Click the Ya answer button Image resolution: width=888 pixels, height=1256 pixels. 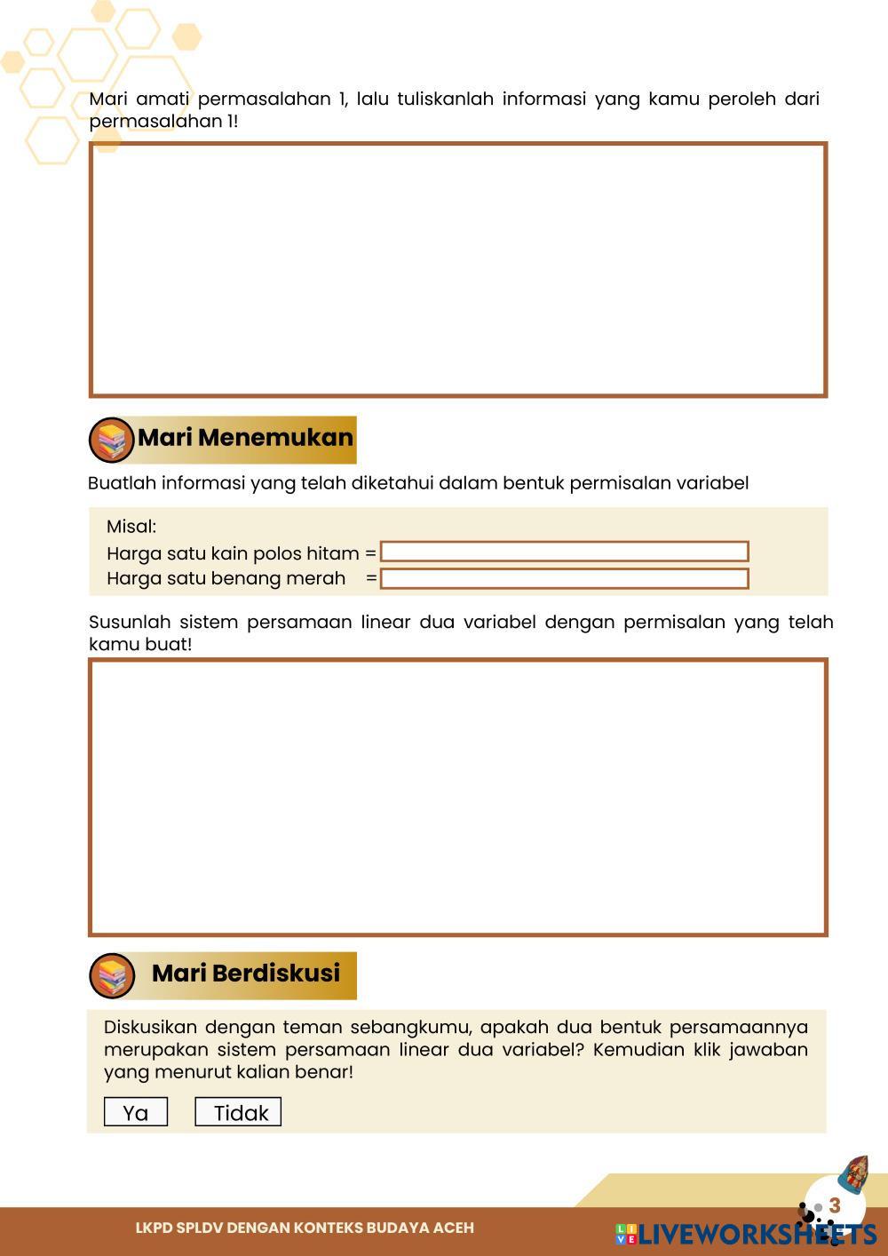(136, 1112)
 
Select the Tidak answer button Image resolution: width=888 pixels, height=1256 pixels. (238, 1112)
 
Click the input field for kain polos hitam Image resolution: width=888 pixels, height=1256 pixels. (564, 552)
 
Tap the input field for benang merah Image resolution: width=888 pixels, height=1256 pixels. (564, 578)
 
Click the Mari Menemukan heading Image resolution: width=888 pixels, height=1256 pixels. (245, 437)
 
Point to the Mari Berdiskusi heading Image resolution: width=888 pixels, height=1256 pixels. (246, 973)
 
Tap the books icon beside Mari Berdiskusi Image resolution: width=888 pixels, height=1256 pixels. (112, 976)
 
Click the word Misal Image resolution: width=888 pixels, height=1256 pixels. (131, 526)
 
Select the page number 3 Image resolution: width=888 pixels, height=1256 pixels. (835, 1206)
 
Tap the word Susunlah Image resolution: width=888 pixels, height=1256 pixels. (129, 622)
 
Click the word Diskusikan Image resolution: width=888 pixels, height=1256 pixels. (148, 1027)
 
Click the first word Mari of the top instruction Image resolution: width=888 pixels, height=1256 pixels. (108, 99)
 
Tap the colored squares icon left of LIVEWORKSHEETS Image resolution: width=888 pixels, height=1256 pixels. (626, 1234)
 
